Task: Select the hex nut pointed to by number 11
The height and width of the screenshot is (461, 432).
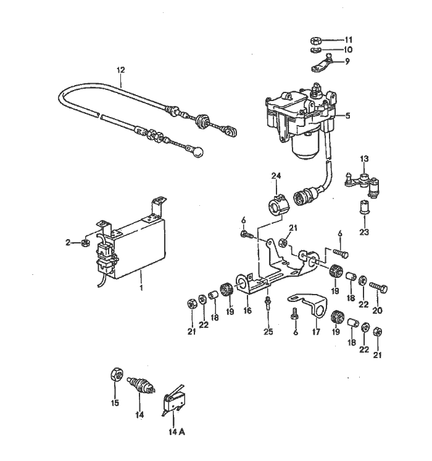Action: click(x=314, y=39)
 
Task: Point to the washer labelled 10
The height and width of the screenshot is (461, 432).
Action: click(x=314, y=50)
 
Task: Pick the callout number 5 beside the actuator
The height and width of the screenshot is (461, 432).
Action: click(x=347, y=115)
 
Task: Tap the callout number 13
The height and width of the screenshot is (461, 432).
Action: click(x=364, y=159)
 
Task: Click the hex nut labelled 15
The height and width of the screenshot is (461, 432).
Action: click(x=114, y=375)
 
